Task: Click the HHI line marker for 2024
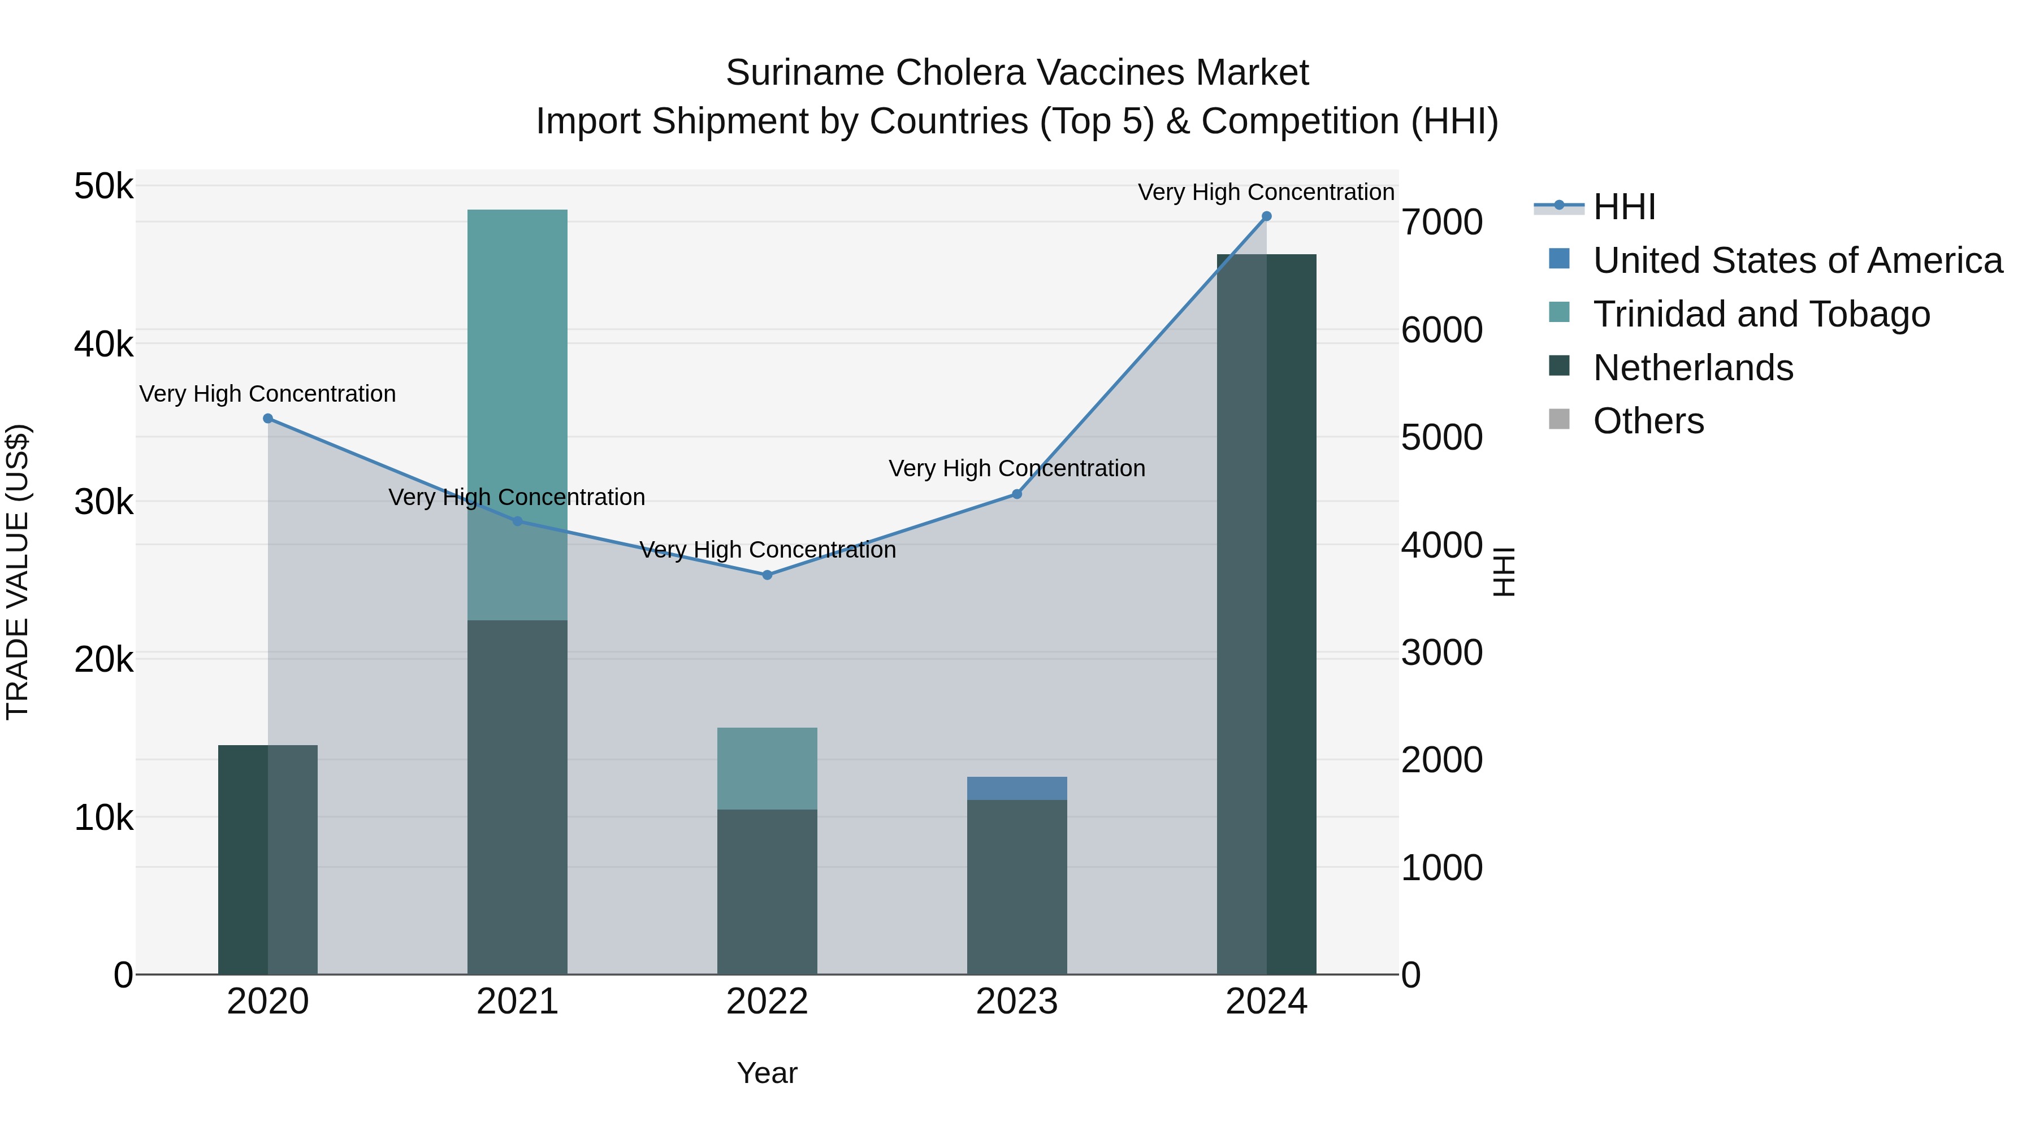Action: [x=1266, y=216]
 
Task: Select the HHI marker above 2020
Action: [x=268, y=419]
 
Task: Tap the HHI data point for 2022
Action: [x=767, y=575]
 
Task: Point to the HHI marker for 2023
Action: [x=1017, y=494]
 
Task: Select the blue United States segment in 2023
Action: [x=1017, y=788]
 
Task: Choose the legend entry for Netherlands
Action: [x=1693, y=368]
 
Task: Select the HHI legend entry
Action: [x=1623, y=207]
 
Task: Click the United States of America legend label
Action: [x=1797, y=260]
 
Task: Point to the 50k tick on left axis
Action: [x=103, y=187]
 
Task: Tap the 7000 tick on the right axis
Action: [x=1441, y=222]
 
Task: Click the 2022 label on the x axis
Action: [x=767, y=1002]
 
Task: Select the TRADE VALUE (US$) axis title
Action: [x=18, y=572]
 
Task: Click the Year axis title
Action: [x=767, y=1073]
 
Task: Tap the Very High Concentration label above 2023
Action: [x=1017, y=468]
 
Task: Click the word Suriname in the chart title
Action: [x=805, y=73]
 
